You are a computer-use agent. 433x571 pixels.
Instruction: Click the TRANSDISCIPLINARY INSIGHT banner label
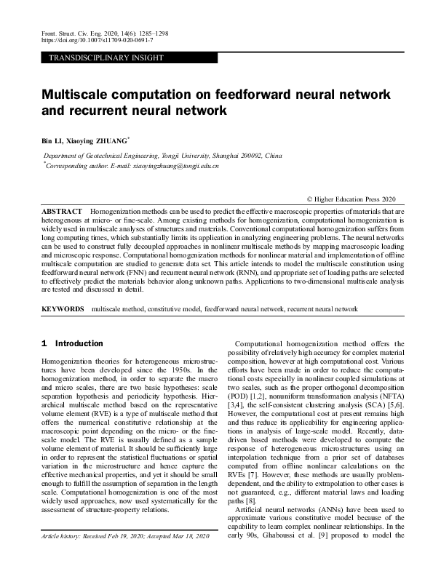[x=106, y=57]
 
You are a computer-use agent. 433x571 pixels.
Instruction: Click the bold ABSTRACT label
[x=62, y=210]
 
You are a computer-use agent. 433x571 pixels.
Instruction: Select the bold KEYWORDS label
[x=63, y=309]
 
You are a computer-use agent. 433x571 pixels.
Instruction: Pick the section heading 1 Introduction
[x=72, y=343]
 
